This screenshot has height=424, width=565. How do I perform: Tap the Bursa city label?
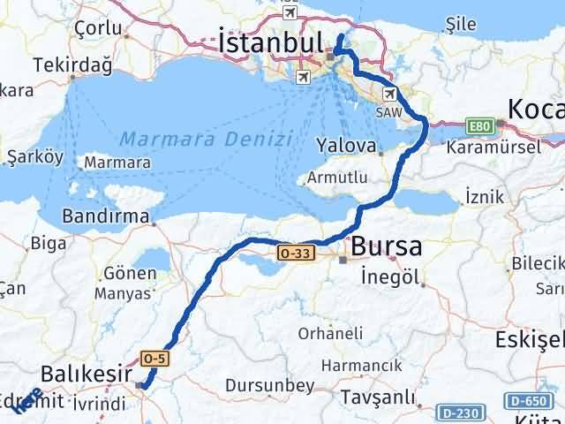click(386, 247)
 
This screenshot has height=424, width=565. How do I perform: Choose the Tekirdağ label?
click(67, 65)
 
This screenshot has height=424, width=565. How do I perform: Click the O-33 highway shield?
click(295, 254)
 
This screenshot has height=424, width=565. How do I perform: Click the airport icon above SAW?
click(389, 94)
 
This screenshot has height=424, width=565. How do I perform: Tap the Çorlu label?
click(99, 27)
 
